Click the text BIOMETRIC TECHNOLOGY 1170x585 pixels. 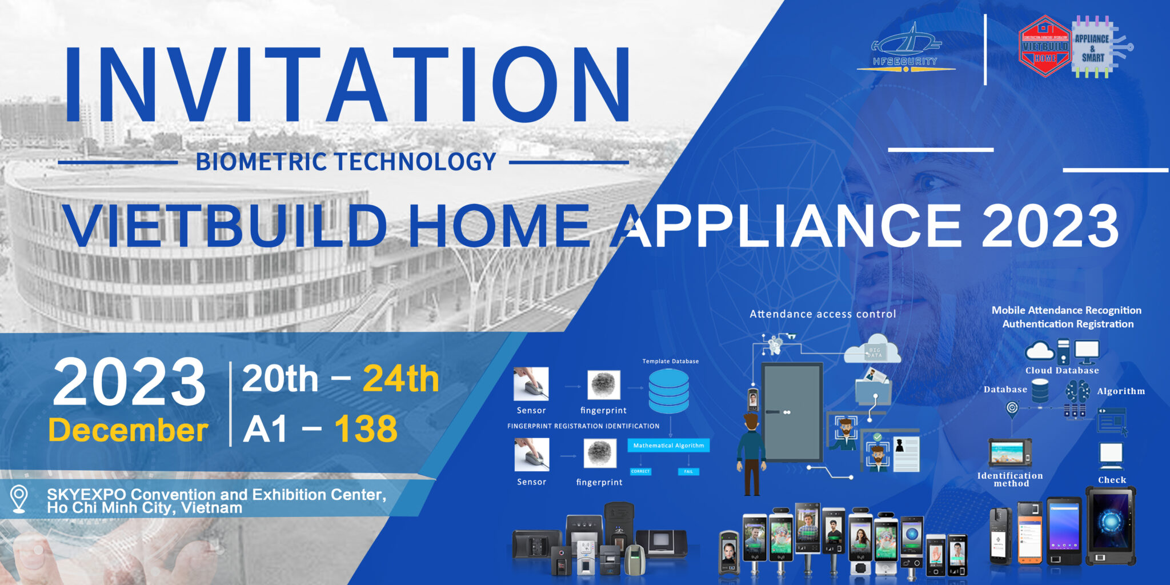coord(346,162)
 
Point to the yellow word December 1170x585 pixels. coord(128,430)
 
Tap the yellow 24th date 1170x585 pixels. coord(400,379)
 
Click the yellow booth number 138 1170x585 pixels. coord(366,429)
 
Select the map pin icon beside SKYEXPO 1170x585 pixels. coord(19,498)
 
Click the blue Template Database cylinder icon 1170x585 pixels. coord(668,391)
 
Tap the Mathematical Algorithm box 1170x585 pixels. coord(668,446)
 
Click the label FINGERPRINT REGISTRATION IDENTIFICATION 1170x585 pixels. coord(583,426)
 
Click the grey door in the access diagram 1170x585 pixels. coord(792,411)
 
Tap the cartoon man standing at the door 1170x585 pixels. coord(751,454)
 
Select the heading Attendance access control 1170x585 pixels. coord(823,314)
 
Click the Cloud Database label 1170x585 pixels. coord(1061,371)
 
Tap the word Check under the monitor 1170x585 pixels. coord(1112,480)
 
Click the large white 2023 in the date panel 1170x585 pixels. coord(129,382)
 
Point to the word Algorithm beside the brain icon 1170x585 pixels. coord(1120,391)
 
